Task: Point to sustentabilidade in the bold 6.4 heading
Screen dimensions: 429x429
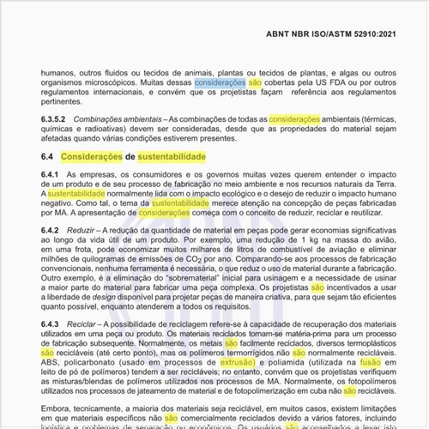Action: [172, 158]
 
